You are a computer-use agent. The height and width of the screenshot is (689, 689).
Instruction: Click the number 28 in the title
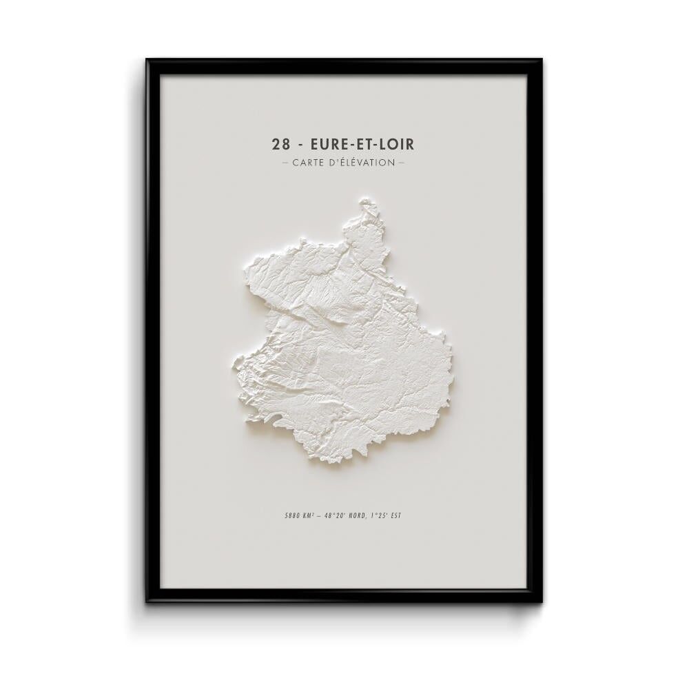tap(281, 144)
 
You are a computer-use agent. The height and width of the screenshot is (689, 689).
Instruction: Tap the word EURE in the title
tap(328, 144)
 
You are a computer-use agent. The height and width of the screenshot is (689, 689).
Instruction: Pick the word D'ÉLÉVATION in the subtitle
tap(363, 163)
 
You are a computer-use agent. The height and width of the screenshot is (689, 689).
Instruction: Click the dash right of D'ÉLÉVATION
tap(401, 163)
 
